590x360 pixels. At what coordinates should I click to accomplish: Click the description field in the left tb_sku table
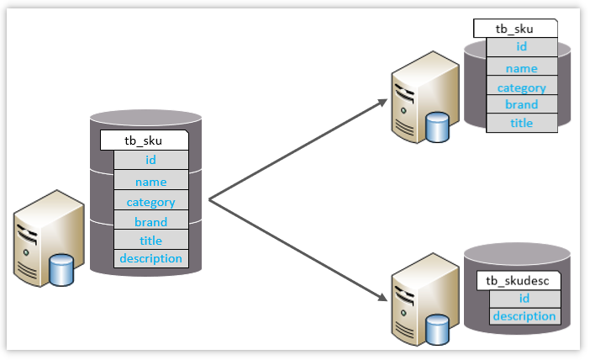click(151, 259)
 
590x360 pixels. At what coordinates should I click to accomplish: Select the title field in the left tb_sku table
click(151, 240)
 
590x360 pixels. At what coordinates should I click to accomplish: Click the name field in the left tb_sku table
click(151, 180)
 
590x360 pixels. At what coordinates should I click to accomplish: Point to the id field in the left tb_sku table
click(151, 160)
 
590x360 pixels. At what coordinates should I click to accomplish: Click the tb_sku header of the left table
click(144, 140)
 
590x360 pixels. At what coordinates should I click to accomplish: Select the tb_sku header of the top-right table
click(515, 29)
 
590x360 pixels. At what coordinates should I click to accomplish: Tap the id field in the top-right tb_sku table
click(522, 47)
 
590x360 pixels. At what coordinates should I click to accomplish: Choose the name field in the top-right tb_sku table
click(522, 66)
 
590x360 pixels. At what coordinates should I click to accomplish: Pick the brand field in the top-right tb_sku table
click(522, 104)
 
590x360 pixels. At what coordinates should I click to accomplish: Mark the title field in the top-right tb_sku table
click(522, 123)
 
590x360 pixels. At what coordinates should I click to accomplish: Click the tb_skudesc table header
click(519, 281)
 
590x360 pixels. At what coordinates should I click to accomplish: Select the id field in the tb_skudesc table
click(525, 299)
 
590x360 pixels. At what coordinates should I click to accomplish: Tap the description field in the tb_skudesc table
click(525, 316)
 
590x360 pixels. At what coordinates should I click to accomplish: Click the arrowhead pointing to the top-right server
click(382, 103)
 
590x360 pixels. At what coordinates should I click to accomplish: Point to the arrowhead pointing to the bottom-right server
click(382, 297)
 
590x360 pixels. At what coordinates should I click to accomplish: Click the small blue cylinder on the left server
click(61, 270)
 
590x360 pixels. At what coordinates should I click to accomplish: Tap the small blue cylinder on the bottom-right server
click(437, 330)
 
